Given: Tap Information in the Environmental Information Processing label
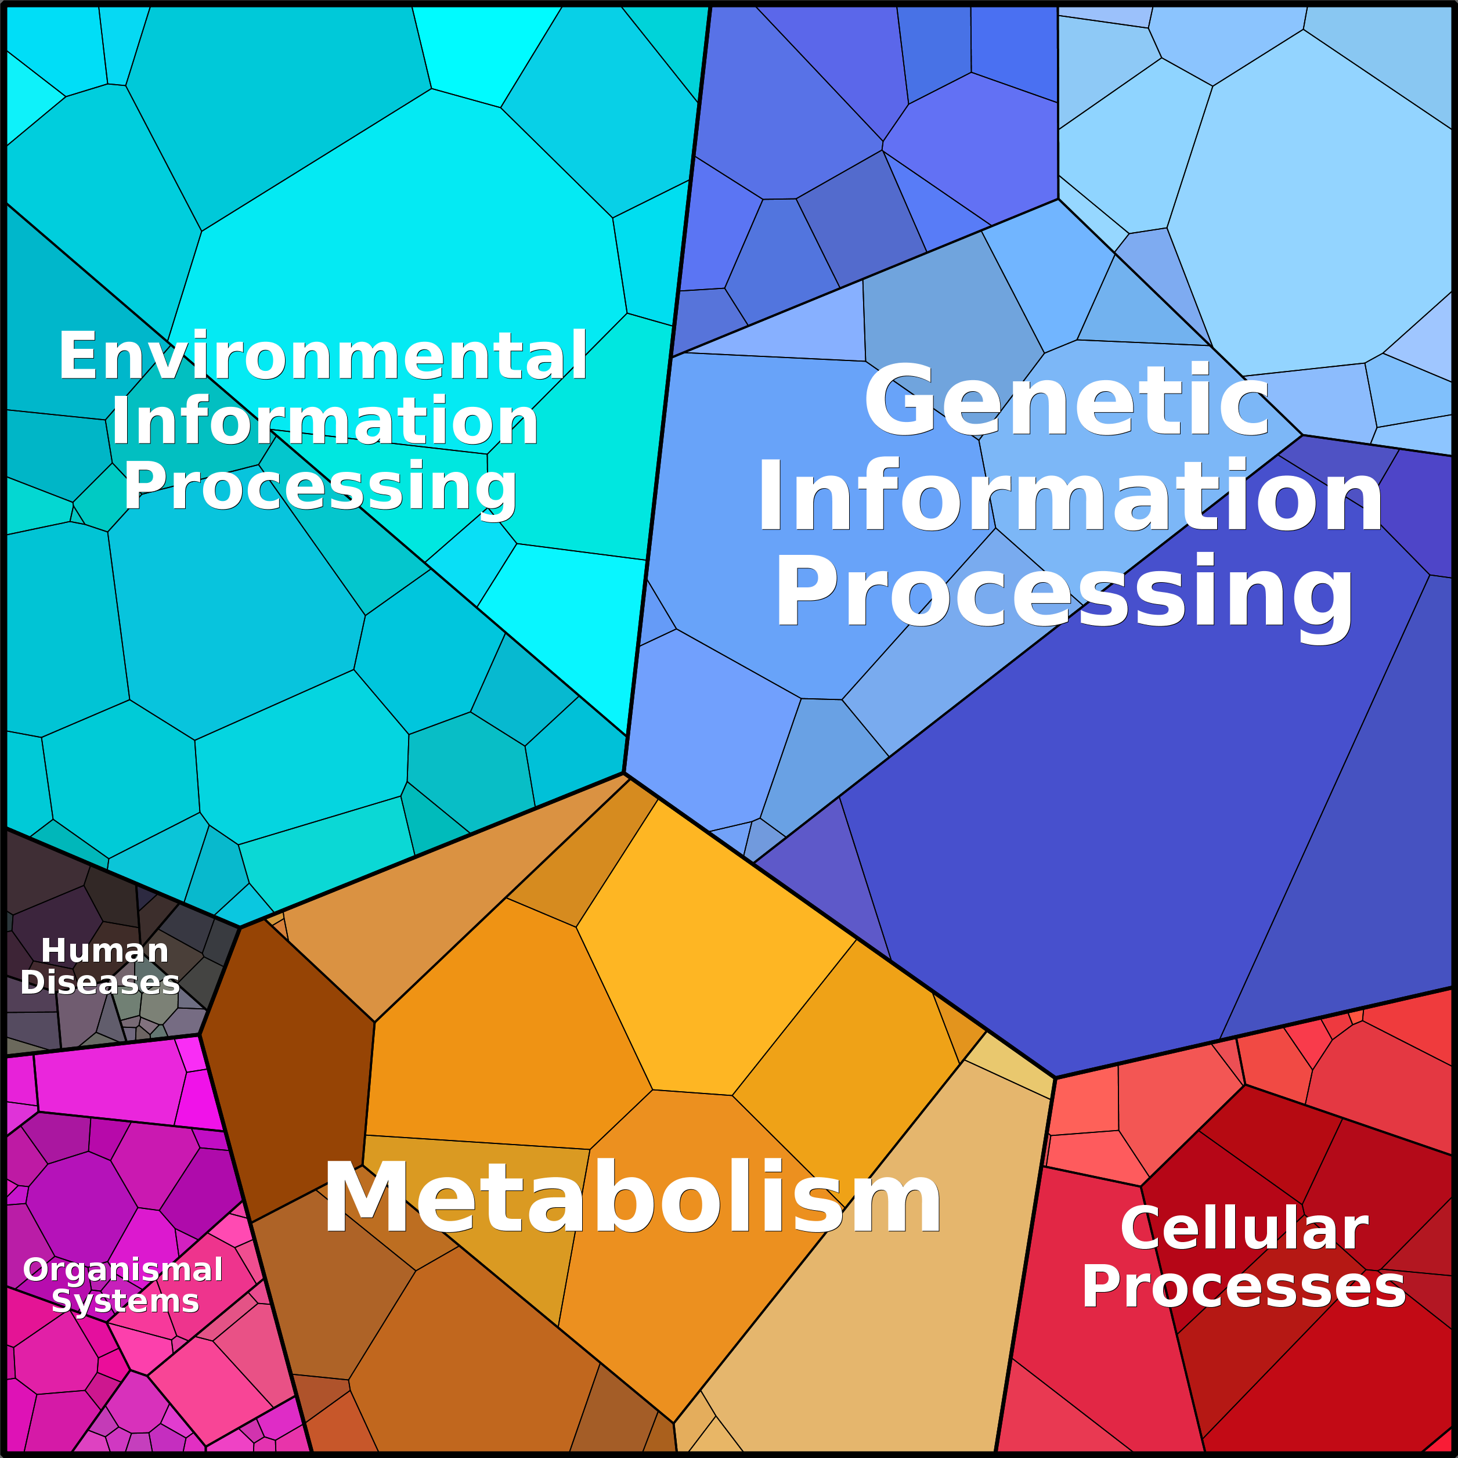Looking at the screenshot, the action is point(324,421).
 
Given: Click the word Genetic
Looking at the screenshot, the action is point(1066,400).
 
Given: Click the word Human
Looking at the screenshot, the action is point(105,950).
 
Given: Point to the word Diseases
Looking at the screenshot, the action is point(100,982).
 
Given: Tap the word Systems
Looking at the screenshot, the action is point(125,1301).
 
